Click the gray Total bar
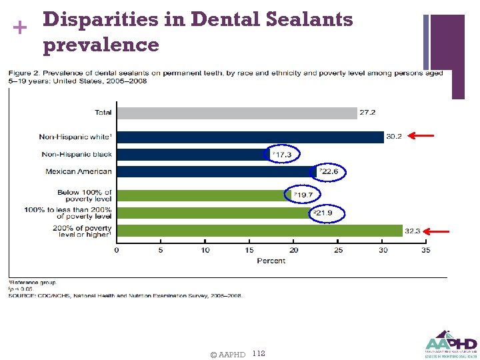coord(237,113)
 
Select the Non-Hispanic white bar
coord(250,137)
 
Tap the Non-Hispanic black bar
coord(193,154)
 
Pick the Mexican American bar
coord(217,171)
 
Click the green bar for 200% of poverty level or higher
coord(259,231)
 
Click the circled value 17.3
coord(282,155)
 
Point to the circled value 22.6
coord(329,172)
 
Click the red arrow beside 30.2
coord(421,137)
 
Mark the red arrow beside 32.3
coord(437,231)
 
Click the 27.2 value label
coord(367,113)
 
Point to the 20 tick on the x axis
coord(293,250)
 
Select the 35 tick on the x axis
coord(425,250)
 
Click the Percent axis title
coord(271,260)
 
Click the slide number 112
coord(259,353)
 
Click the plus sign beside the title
coord(18,27)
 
